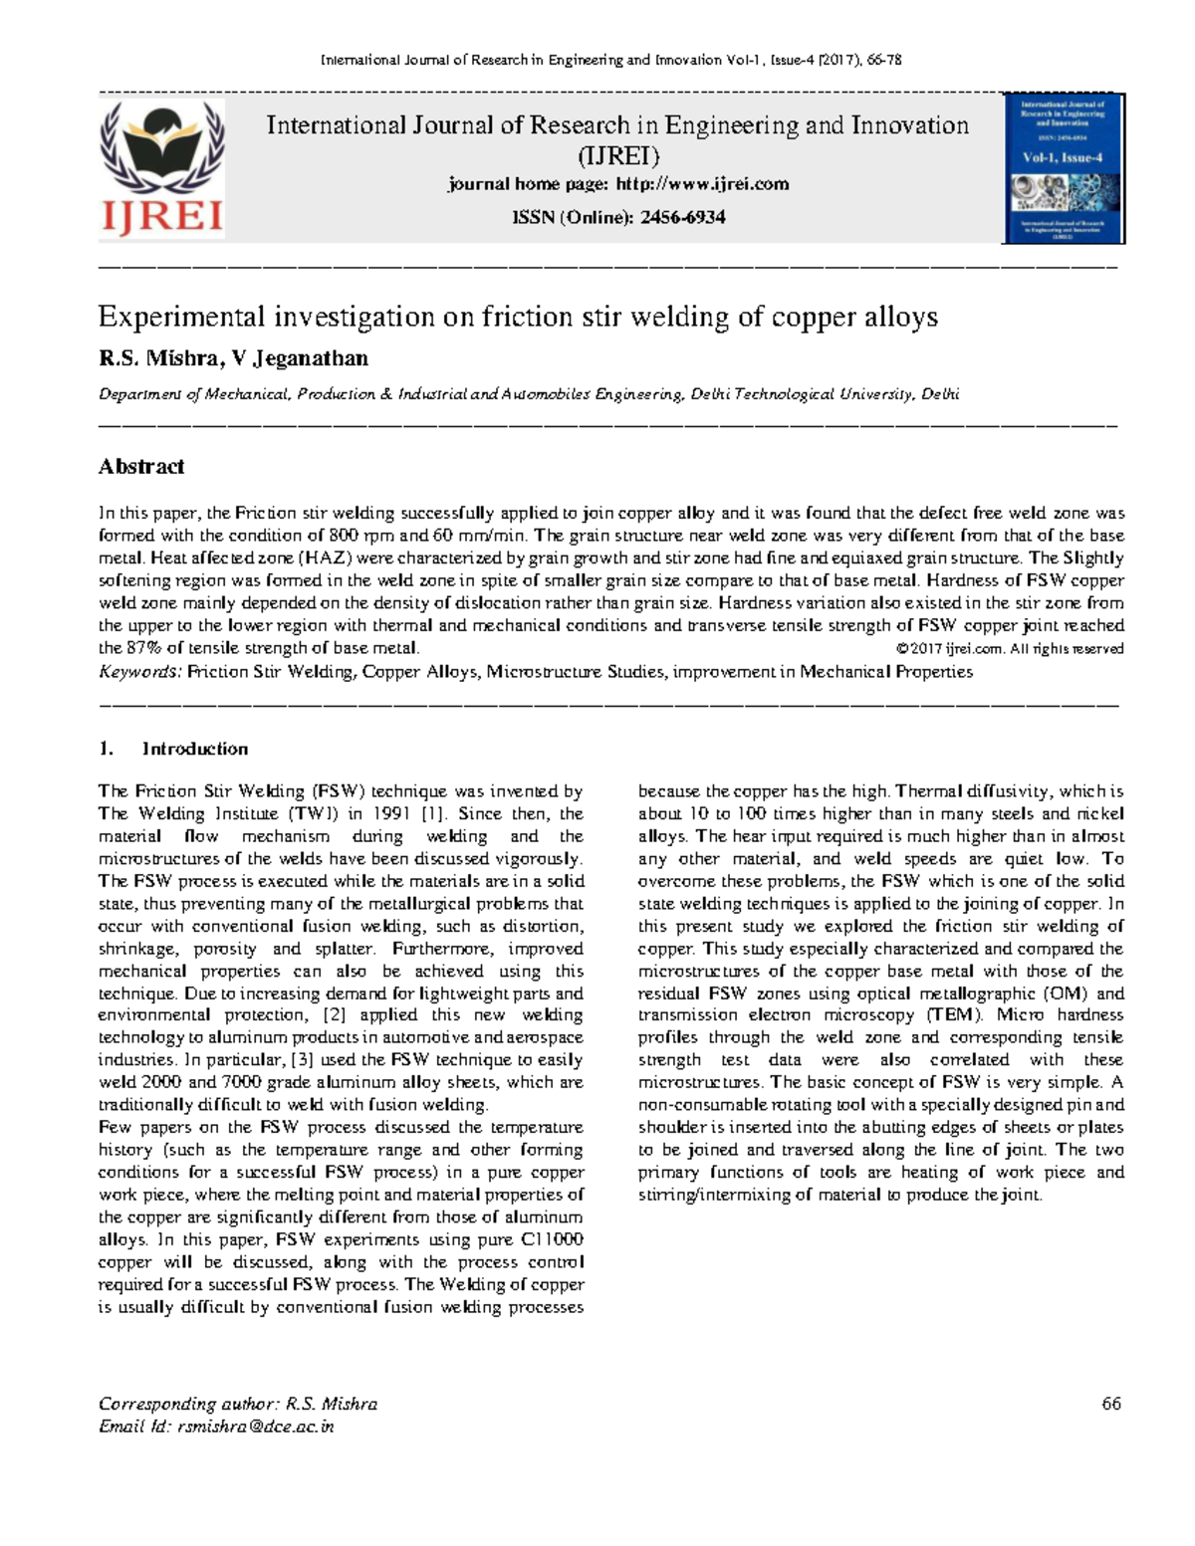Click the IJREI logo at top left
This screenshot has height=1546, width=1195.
pos(162,169)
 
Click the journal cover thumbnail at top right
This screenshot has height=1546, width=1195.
pos(1064,169)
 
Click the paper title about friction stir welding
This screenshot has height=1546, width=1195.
pos(518,318)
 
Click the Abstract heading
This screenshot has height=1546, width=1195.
pos(141,466)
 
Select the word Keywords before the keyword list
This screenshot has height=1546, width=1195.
pos(139,672)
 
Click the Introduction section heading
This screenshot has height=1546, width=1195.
pos(194,749)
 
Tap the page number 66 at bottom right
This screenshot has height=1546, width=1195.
pos(1111,1404)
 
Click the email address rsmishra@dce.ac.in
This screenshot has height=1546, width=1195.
pos(255,1427)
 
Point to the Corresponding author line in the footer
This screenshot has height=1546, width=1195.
pos(237,1404)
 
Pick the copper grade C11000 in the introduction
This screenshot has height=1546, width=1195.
pos(552,1239)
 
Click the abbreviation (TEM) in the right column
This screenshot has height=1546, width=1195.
pos(953,1015)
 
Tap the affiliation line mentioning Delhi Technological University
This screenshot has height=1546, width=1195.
pos(528,394)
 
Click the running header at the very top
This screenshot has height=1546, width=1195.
pos(610,60)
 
